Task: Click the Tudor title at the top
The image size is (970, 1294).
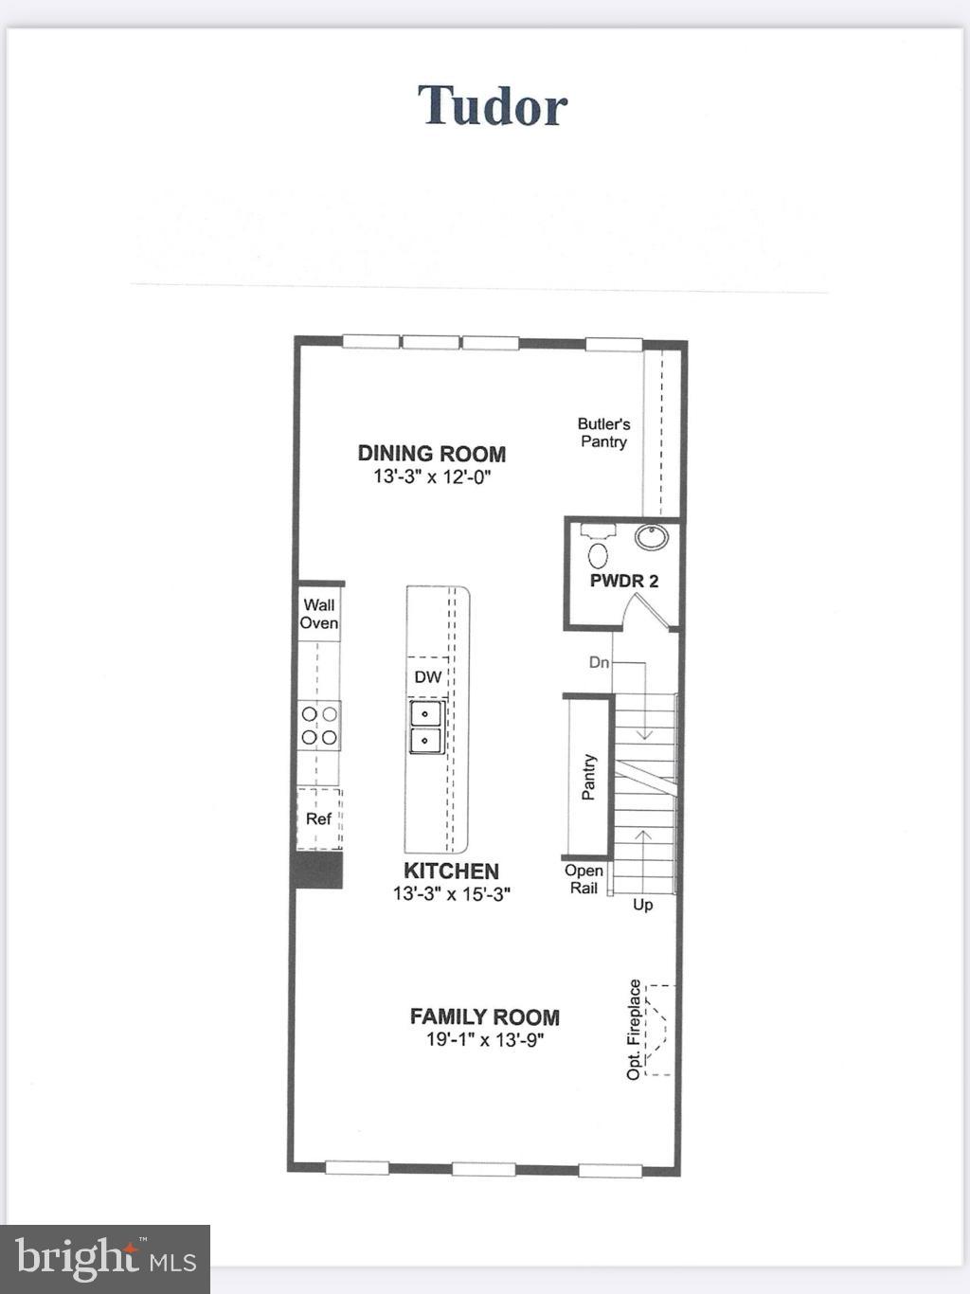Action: [x=493, y=105]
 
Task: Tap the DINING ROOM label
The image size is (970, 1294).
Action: [x=431, y=454]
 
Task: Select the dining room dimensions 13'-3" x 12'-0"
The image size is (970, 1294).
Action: [x=432, y=476]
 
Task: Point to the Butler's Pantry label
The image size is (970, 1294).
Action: [x=603, y=433]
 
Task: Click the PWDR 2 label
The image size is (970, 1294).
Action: [x=623, y=581]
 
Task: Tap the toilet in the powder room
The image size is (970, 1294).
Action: [x=598, y=548]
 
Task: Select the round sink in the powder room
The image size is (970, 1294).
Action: [x=652, y=537]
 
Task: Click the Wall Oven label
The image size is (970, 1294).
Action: [x=319, y=614]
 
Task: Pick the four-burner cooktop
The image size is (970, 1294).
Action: [x=320, y=726]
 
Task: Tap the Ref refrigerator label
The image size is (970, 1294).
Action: [x=318, y=818]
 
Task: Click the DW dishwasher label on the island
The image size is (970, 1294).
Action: [x=428, y=676]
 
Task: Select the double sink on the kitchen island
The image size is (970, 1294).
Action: [x=426, y=727]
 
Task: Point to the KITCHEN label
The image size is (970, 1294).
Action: [x=451, y=871]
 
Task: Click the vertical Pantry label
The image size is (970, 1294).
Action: [x=589, y=777]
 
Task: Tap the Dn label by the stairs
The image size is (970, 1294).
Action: [x=599, y=662]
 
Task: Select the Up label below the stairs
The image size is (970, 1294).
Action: [x=642, y=905]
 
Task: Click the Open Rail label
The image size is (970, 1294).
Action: [x=584, y=879]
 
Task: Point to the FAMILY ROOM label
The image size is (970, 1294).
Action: [x=484, y=1016]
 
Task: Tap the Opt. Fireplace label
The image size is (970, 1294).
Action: [x=635, y=1029]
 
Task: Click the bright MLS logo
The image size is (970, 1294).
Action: [x=105, y=1259]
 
